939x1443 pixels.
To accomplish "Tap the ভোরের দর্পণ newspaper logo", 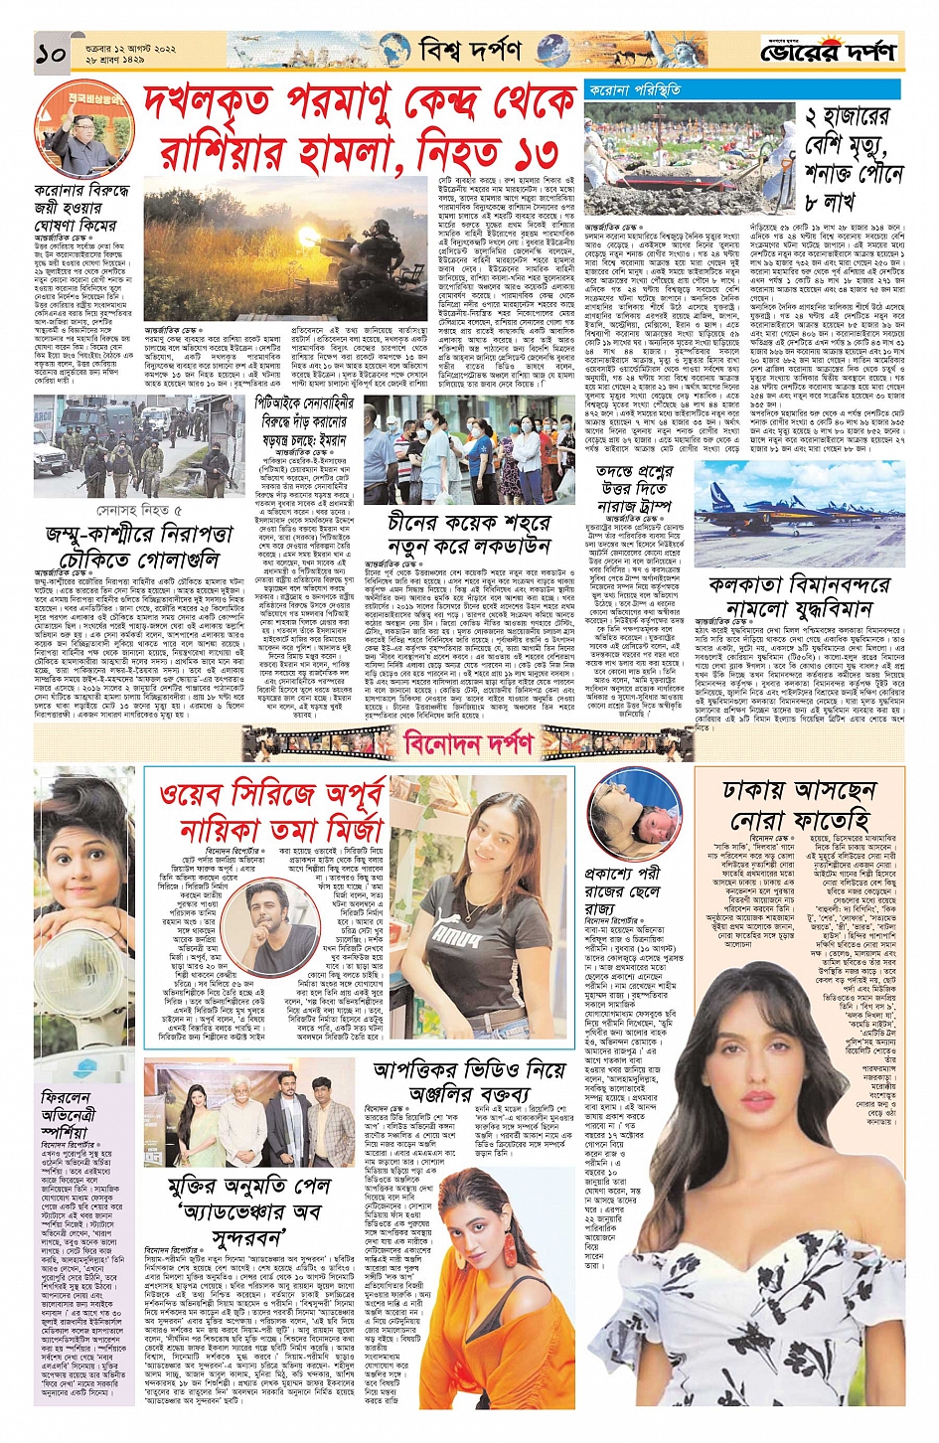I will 829,51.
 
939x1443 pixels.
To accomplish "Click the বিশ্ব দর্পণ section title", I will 469,50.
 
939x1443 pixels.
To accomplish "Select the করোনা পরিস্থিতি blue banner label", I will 635,90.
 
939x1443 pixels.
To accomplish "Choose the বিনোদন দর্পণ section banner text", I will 468,742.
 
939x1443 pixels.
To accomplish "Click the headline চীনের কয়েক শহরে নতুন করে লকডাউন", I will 468,535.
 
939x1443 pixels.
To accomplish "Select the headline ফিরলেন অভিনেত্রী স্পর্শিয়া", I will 66,1114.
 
